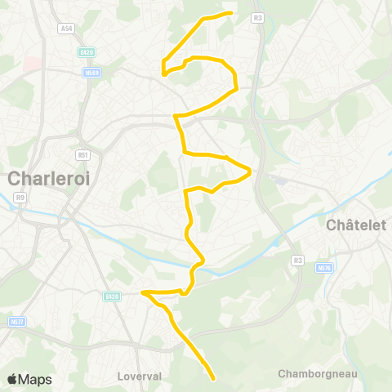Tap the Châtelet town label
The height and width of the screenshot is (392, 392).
[355, 225]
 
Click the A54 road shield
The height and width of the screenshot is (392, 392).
[66, 29]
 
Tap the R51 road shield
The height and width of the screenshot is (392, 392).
[82, 154]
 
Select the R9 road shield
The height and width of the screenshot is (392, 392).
[20, 197]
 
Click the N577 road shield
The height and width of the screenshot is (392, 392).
[16, 322]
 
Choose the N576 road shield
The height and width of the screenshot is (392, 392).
[324, 267]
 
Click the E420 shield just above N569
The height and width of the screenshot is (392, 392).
[87, 52]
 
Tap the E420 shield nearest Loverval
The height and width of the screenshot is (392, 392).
[112, 296]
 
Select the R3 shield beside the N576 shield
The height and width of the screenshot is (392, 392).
[297, 261]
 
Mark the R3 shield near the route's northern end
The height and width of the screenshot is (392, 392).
[258, 16]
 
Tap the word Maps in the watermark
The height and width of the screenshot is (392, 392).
[36, 380]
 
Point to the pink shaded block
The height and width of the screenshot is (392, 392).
[32, 63]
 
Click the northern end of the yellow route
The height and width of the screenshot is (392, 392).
[233, 12]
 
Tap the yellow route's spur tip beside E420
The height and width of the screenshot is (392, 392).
[142, 292]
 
